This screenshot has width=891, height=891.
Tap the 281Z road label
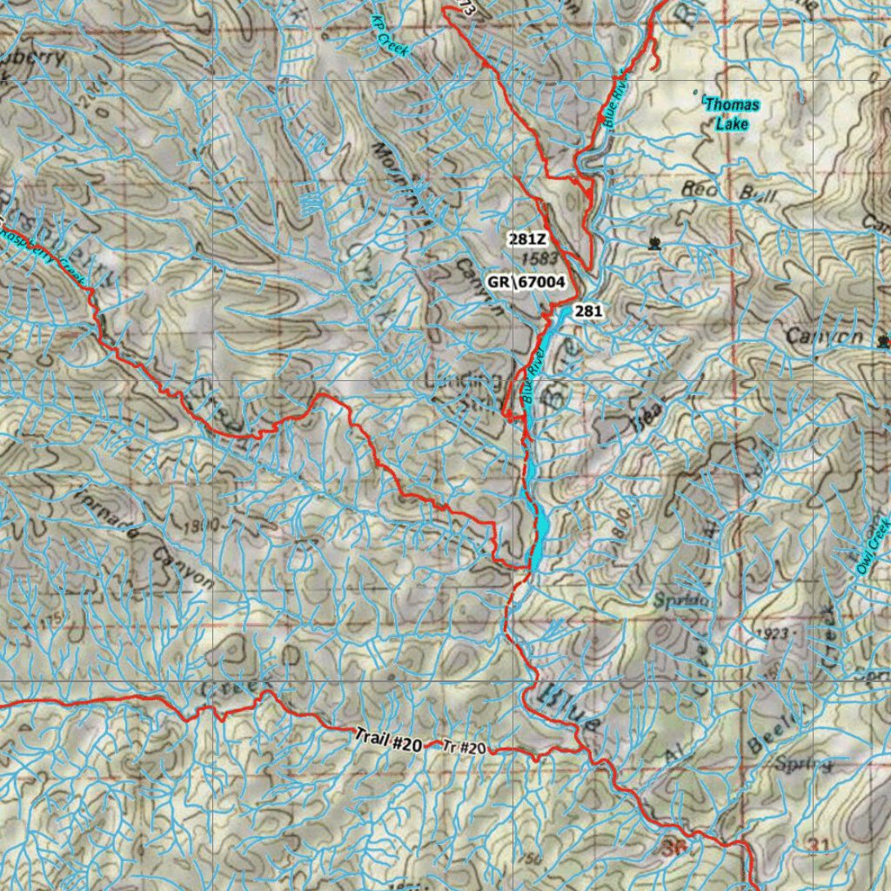[x=527, y=238]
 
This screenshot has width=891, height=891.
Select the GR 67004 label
[x=527, y=282]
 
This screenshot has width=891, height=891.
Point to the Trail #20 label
[x=388, y=740]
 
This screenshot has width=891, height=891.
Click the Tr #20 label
[x=463, y=747]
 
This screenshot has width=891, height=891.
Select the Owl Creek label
[x=874, y=545]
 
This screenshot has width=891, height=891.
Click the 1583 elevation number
[x=542, y=258]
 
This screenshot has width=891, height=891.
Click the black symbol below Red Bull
[x=653, y=244]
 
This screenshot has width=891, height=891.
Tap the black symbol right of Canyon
[x=885, y=339]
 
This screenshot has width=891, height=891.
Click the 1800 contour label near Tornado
[x=203, y=526]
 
